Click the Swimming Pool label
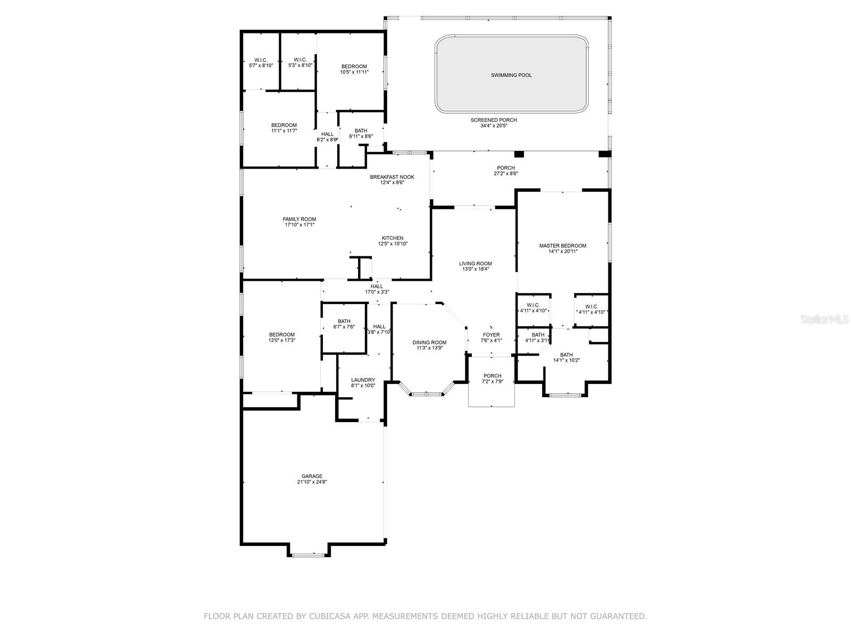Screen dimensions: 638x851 pos(511,75)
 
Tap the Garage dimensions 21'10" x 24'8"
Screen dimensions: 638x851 pos(312,482)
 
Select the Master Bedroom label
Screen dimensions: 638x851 pos(562,246)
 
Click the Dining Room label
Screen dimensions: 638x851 pos(429,342)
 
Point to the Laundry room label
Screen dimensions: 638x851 pos(363,380)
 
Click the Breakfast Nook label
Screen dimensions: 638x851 pos(392,177)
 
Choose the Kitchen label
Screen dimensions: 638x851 pos(392,238)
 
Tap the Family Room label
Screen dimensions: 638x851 pos(299,219)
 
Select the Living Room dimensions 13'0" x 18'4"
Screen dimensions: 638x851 pos(475,269)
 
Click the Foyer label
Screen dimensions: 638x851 pos(491,335)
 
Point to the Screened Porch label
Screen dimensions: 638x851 pos(494,120)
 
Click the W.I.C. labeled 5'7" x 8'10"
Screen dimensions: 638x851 pos(261,60)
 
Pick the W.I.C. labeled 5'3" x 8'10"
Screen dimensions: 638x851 pos(300,60)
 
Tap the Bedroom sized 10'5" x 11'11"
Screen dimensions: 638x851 pos(354,66)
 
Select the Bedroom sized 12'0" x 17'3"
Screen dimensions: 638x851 pos(281,335)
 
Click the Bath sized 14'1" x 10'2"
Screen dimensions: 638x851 pos(566,355)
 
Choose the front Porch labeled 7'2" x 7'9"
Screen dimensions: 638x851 pos(492,376)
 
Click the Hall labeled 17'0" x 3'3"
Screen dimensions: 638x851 pos(377,287)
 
